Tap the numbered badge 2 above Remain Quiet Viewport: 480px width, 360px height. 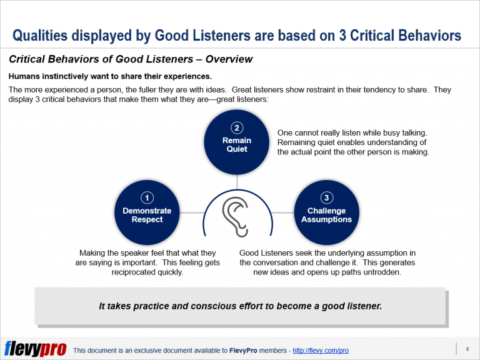pos(237,129)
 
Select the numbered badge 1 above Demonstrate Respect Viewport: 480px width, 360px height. pos(147,198)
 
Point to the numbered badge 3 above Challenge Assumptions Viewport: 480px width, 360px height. pos(326,198)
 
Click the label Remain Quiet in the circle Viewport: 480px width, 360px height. pos(237,144)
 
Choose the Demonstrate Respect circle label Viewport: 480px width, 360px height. pos(147,215)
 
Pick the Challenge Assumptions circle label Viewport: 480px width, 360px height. pos(326,215)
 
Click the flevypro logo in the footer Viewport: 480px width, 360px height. pos(35,348)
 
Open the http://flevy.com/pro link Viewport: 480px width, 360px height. pos(321,351)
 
